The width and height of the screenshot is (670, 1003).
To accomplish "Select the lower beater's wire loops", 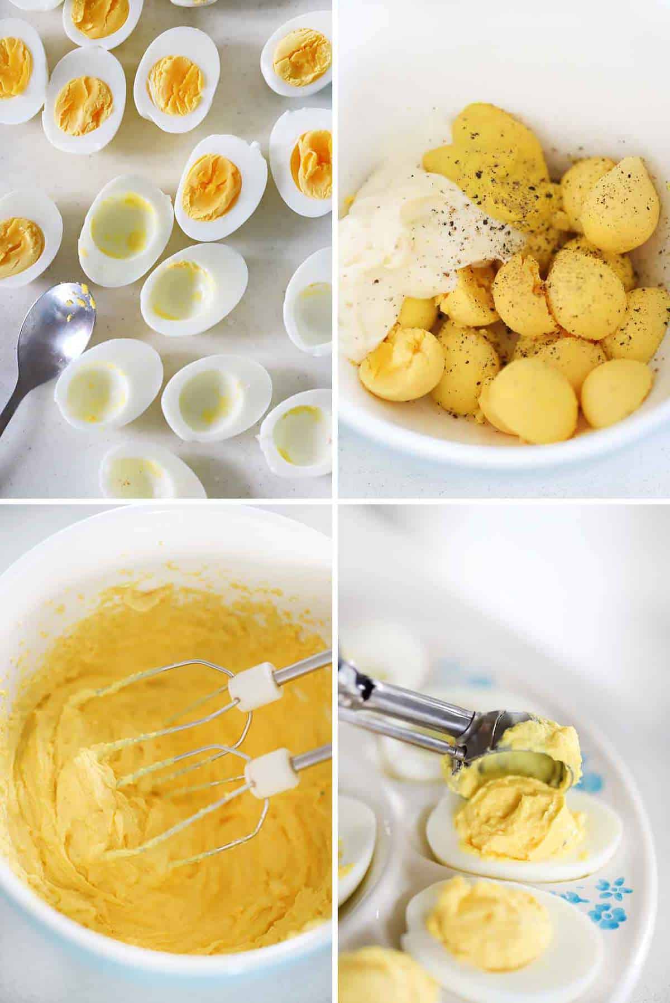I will tap(167, 805).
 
